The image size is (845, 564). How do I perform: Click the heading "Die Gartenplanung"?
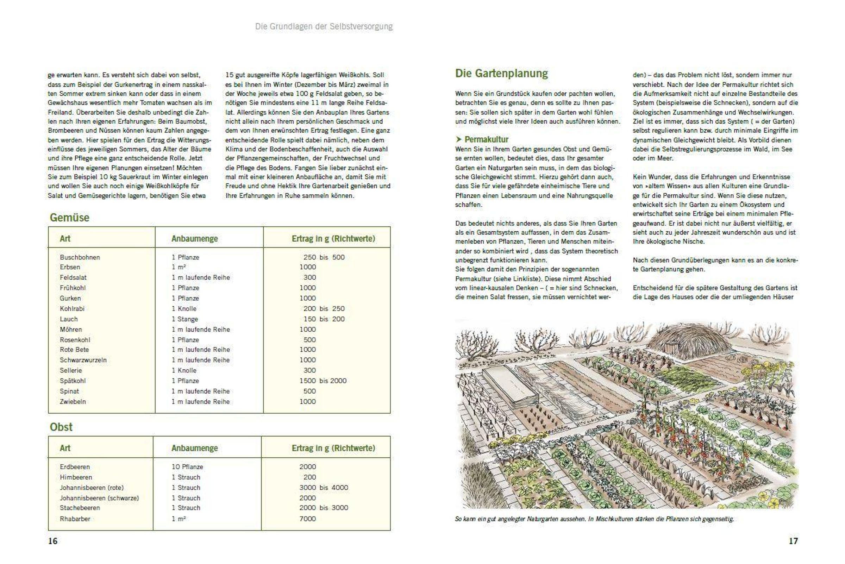(501, 73)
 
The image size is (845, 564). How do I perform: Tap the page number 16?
(52, 541)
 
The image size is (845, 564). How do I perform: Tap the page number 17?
(793, 541)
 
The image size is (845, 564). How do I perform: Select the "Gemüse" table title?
(69, 218)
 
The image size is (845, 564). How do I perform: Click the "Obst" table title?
(61, 427)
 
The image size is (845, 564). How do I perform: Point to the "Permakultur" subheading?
(486, 139)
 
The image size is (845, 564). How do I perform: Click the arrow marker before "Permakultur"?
(459, 139)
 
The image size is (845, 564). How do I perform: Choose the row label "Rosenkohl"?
(75, 340)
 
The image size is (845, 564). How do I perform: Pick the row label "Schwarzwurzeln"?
(83, 360)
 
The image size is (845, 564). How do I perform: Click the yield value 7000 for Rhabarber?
(307, 519)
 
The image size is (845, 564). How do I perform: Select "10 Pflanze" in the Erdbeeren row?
(187, 467)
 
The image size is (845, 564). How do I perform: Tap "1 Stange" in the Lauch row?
(184, 319)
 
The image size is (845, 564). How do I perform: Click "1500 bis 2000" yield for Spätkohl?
(323, 381)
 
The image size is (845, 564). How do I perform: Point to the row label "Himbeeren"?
(76, 477)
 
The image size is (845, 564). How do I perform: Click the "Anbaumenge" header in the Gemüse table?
(194, 239)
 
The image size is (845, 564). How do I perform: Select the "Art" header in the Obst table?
(65, 448)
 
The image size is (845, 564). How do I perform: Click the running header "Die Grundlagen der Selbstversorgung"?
(324, 26)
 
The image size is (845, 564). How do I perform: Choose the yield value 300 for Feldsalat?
(309, 278)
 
